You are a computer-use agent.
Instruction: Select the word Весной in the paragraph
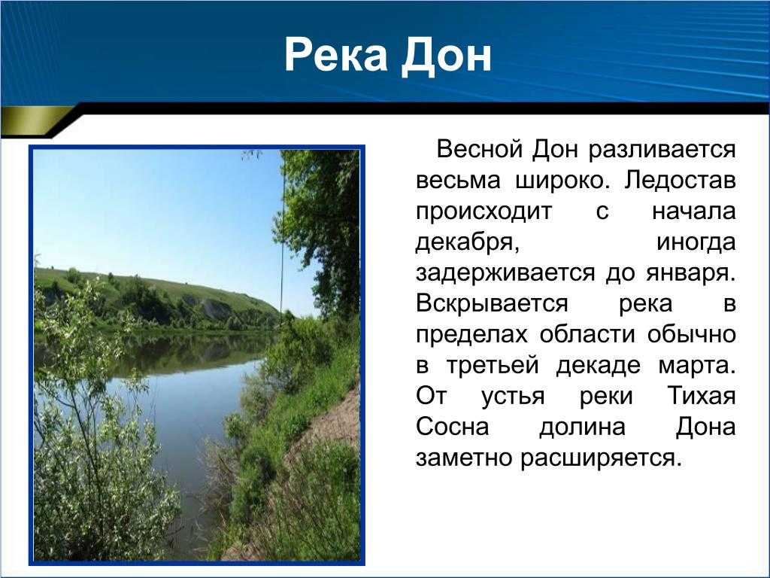pyautogui.click(x=480, y=149)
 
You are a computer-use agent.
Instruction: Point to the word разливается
pyautogui.click(x=662, y=150)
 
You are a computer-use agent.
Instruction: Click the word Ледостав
pyautogui.click(x=680, y=181)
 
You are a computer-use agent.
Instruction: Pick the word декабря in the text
pyautogui.click(x=467, y=242)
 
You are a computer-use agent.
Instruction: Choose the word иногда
pyautogui.click(x=696, y=242)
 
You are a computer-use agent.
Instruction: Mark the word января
pyautogui.click(x=691, y=274)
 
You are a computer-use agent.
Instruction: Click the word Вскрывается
pyautogui.click(x=492, y=304)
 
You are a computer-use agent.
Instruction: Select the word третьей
pyautogui.click(x=493, y=366)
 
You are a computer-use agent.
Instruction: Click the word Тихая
pyautogui.click(x=702, y=396)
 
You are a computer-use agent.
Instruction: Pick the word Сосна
pyautogui.click(x=452, y=427)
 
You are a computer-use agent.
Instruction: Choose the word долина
pyautogui.click(x=583, y=427)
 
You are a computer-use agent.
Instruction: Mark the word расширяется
pyautogui.click(x=602, y=458)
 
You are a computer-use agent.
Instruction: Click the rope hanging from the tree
pyautogui.click(x=283, y=236)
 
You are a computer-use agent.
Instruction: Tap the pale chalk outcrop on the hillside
pyautogui.click(x=214, y=309)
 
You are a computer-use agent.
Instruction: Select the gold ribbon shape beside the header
pyautogui.click(x=35, y=120)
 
